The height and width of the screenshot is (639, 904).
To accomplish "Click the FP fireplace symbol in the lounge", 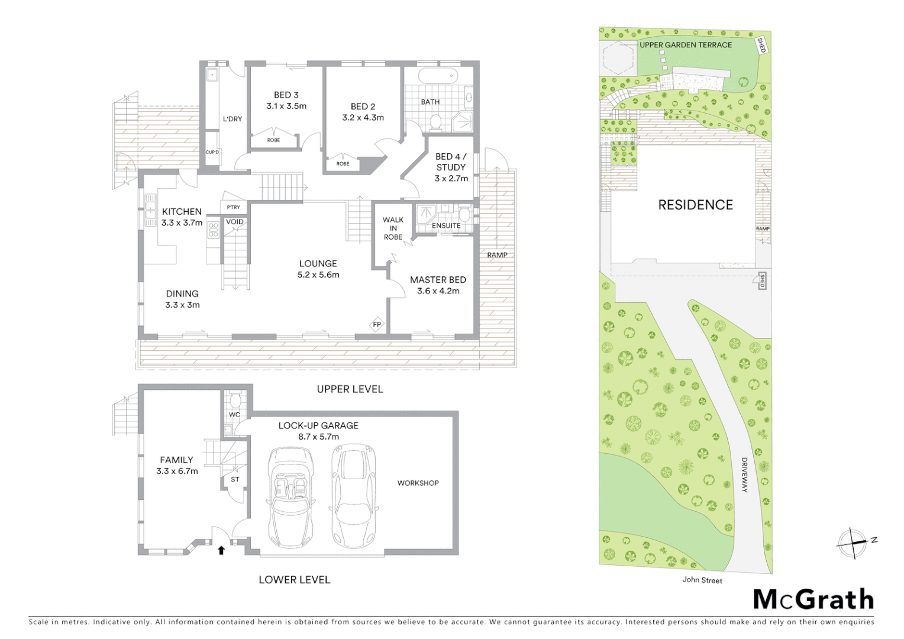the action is click(376, 325).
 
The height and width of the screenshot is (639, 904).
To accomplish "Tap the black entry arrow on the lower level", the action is click(221, 550).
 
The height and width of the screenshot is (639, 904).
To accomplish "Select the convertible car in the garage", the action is click(290, 496).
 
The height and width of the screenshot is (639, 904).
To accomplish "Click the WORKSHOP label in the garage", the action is click(418, 483).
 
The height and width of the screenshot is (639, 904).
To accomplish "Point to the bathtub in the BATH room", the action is click(438, 76).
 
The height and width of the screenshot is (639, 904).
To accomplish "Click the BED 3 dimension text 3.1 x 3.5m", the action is click(286, 106).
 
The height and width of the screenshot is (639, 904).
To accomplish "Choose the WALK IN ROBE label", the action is click(393, 228).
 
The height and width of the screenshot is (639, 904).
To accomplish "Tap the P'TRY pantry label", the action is click(233, 207).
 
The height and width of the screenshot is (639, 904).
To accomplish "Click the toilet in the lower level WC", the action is click(234, 400).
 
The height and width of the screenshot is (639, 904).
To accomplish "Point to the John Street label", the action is click(702, 580).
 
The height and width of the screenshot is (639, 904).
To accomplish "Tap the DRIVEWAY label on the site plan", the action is click(744, 475).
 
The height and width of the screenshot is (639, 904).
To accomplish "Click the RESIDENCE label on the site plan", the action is click(695, 205).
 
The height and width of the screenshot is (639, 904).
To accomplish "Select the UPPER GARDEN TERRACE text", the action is click(686, 45).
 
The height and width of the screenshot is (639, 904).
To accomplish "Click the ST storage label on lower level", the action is click(235, 479).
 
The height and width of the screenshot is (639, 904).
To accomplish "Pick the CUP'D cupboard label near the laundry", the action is click(212, 152).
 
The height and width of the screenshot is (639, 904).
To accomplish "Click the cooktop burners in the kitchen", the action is click(213, 230).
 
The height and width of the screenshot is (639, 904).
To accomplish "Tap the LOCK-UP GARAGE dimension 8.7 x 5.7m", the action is click(318, 437).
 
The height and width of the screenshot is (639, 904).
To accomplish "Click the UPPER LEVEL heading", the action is click(350, 389).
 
